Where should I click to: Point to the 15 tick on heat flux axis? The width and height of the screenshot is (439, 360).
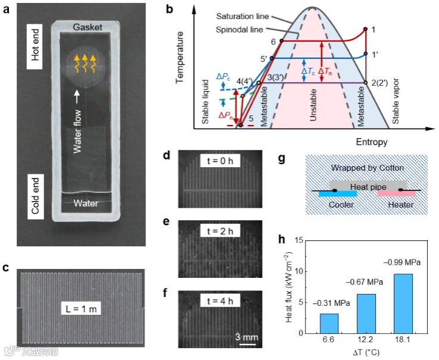298,240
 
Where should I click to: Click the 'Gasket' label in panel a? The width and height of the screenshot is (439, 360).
88,28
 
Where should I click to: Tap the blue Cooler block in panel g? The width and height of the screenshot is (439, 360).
337,195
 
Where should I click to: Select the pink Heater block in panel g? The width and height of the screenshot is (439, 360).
392,195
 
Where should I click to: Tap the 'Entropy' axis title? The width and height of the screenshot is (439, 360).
372,142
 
